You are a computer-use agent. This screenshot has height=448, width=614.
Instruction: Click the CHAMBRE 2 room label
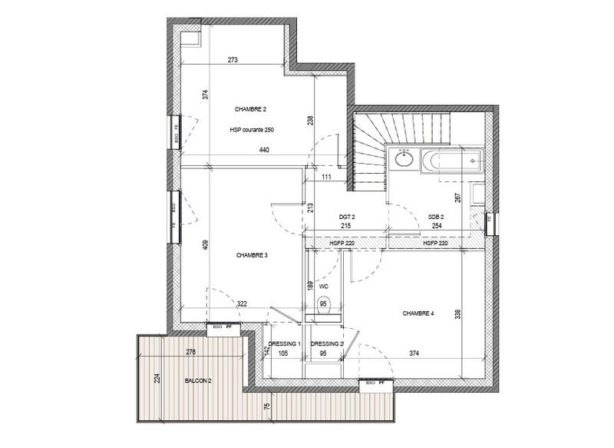(251, 110)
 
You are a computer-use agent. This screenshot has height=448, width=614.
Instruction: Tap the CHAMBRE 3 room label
(251, 256)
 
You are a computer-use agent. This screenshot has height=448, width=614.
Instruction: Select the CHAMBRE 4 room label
(418, 314)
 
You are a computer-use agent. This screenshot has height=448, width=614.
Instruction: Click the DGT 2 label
(347, 218)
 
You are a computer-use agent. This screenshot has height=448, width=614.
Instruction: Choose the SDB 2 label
(436, 218)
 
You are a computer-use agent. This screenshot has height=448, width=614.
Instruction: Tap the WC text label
(324, 287)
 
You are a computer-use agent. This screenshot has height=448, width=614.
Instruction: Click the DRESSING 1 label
(284, 344)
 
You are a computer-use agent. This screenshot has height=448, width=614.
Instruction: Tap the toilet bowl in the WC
(322, 304)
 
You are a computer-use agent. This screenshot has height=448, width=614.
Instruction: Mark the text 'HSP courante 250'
(252, 130)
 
